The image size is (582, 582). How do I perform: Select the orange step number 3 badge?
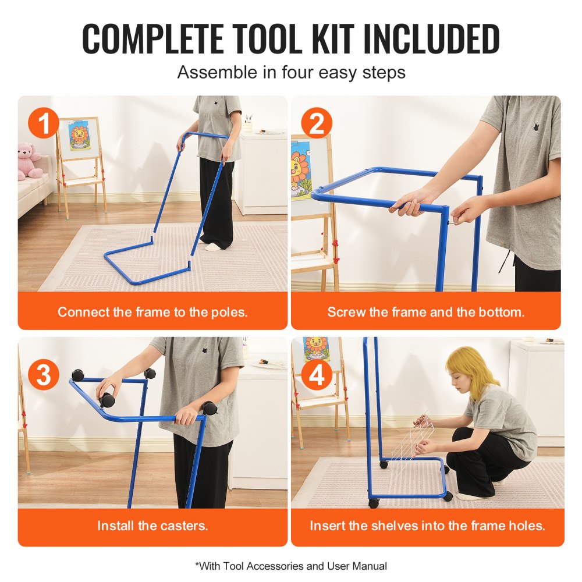tap(44, 376)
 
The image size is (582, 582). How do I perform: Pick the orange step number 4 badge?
tap(317, 376)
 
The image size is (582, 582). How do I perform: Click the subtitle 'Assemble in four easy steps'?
tap(291, 73)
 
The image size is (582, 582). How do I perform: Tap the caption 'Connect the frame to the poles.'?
tap(152, 311)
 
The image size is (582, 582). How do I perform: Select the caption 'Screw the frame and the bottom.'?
tap(426, 311)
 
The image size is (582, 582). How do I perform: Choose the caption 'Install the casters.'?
tap(152, 526)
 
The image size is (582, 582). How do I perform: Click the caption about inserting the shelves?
tap(427, 526)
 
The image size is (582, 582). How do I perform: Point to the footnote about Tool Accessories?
tap(291, 565)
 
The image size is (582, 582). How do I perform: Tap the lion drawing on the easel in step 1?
tap(78, 136)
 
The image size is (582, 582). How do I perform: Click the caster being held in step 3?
tap(108, 399)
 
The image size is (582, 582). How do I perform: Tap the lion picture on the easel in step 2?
tap(301, 175)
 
